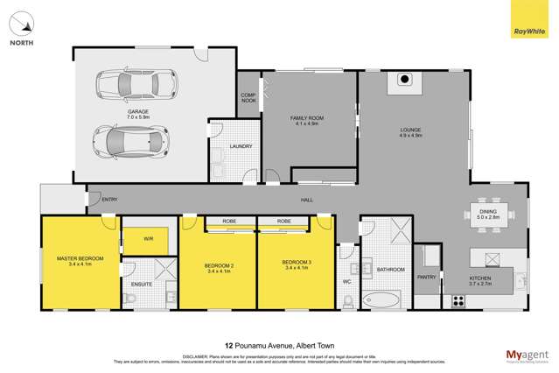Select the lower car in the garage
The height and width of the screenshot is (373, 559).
coord(130,138)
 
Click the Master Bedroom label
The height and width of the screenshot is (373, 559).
coord(80,261)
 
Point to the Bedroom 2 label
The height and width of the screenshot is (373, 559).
coord(219,267)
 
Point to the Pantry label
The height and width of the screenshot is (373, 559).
coord(426,277)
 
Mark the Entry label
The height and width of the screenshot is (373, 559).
coord(109,200)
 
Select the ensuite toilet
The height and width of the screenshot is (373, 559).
coord(132,299)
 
